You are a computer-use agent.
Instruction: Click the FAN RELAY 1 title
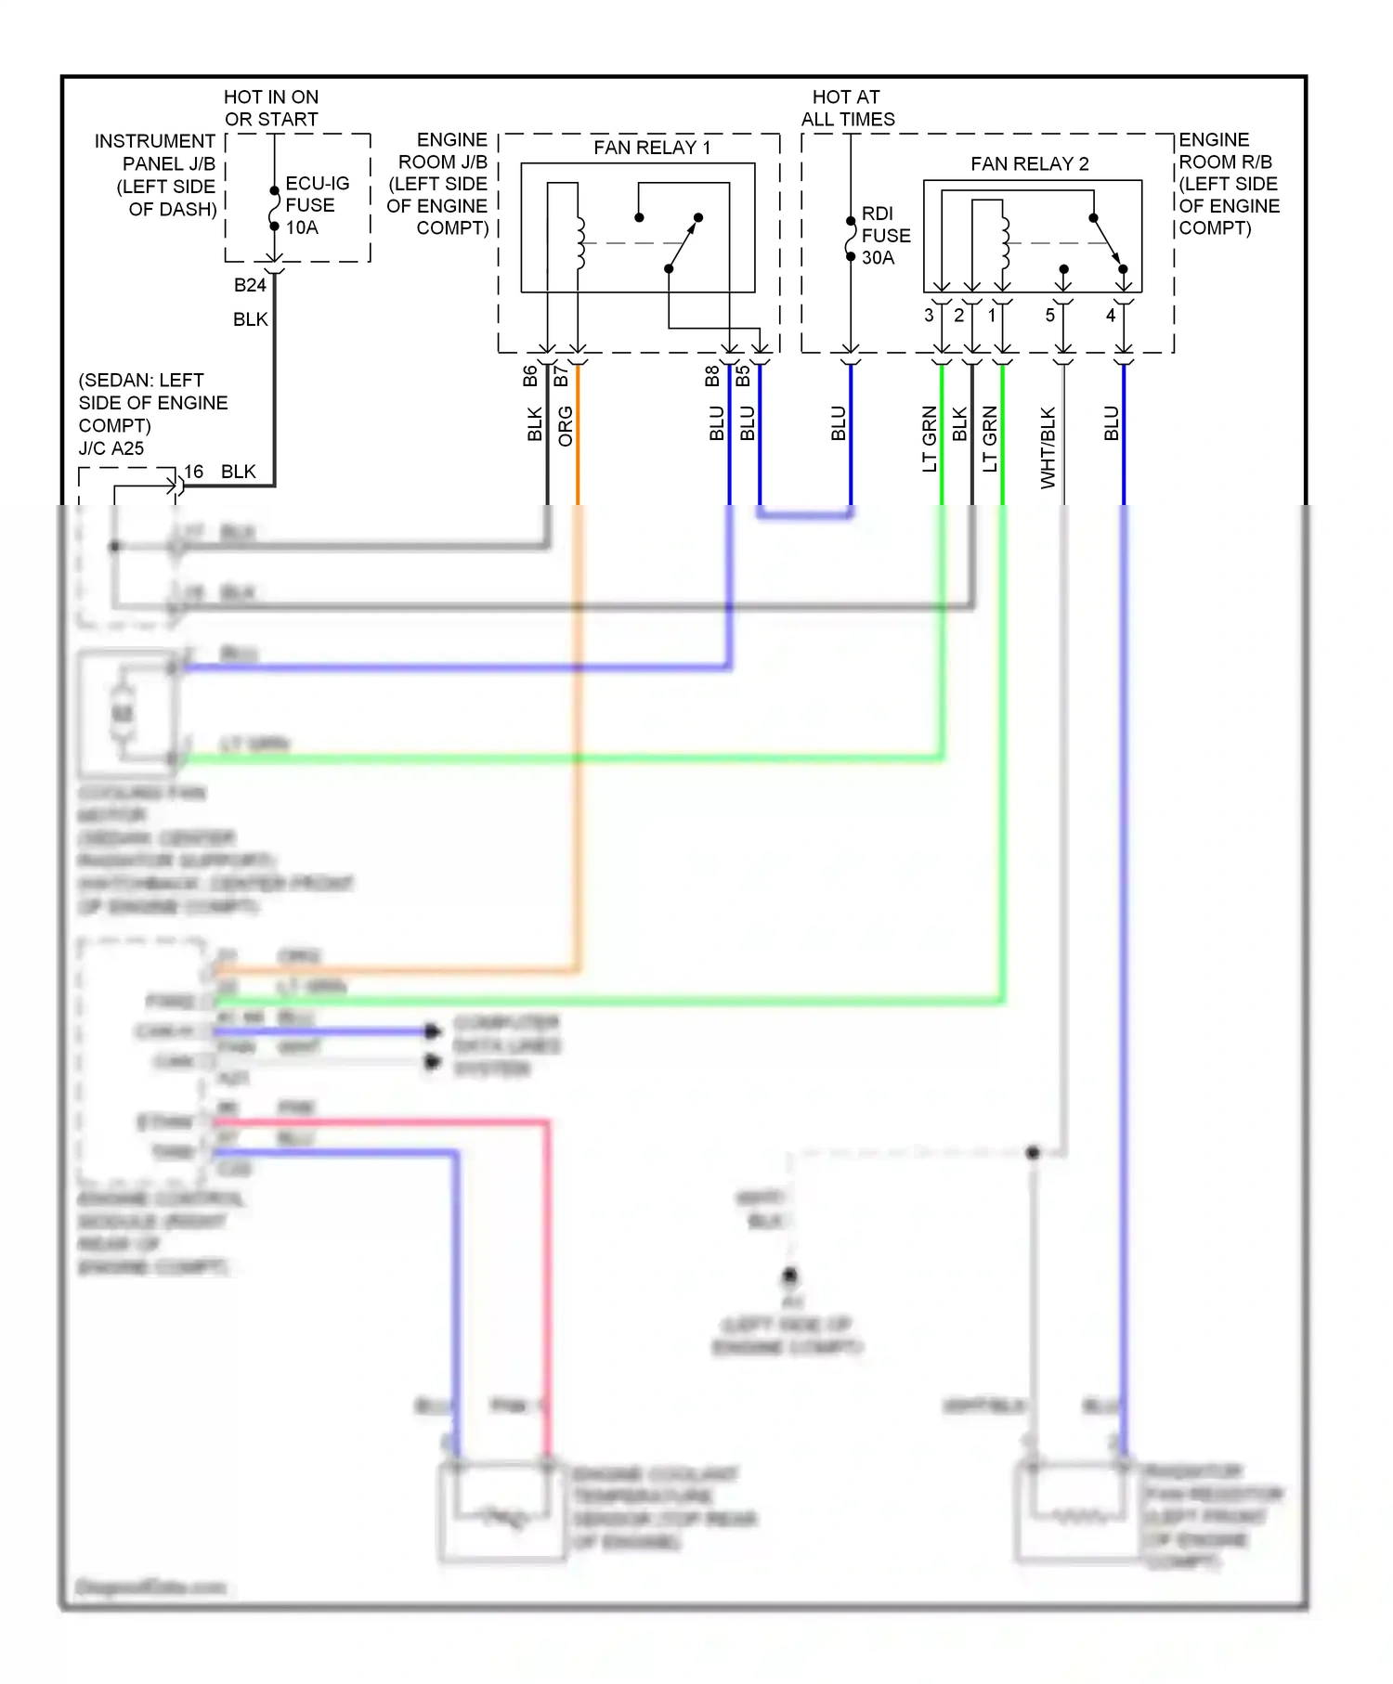pyautogui.click(x=652, y=148)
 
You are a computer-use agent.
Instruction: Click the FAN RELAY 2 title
pyautogui.click(x=1029, y=164)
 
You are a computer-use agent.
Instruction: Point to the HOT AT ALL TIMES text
pyautogui.click(x=847, y=109)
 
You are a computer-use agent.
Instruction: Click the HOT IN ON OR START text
pyautogui.click(x=271, y=109)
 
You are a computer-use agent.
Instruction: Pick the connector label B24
pyautogui.click(x=249, y=285)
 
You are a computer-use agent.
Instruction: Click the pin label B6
pyautogui.click(x=530, y=376)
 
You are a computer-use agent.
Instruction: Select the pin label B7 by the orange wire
pyautogui.click(x=561, y=376)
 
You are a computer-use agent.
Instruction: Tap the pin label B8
pyautogui.click(x=712, y=376)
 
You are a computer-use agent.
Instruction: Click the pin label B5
pyautogui.click(x=743, y=376)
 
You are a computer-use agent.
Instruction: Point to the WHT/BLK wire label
pyautogui.click(x=1048, y=447)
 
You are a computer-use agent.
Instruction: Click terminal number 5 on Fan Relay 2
pyautogui.click(x=1049, y=316)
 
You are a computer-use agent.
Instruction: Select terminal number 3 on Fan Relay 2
pyautogui.click(x=929, y=316)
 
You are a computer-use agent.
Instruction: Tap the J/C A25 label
pyautogui.click(x=111, y=448)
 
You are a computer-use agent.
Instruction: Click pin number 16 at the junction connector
pyautogui.click(x=193, y=472)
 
